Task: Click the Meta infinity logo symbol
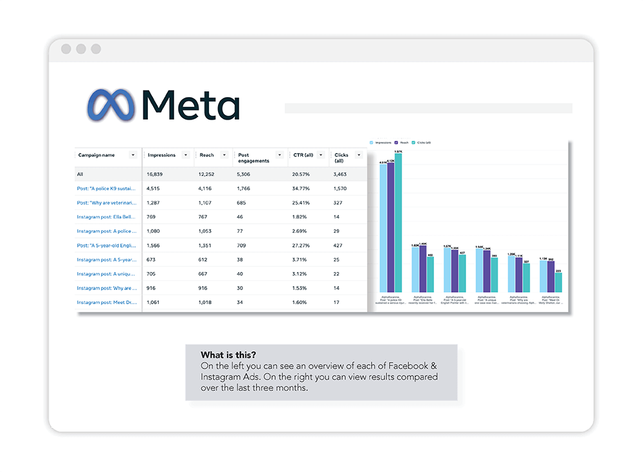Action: pyautogui.click(x=111, y=104)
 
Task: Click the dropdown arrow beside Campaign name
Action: pyautogui.click(x=133, y=155)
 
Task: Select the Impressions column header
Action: pyautogui.click(x=161, y=155)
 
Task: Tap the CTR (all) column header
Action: pyautogui.click(x=303, y=155)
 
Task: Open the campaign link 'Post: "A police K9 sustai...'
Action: pyautogui.click(x=107, y=188)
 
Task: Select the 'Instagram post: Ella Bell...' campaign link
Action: pyautogui.click(x=107, y=217)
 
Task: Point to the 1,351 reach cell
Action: pyautogui.click(x=208, y=245)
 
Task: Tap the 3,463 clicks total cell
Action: pyautogui.click(x=340, y=174)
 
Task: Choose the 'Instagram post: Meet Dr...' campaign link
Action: pyautogui.click(x=107, y=302)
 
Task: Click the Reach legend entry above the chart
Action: pyautogui.click(x=404, y=142)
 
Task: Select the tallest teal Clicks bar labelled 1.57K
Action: pyautogui.click(x=399, y=222)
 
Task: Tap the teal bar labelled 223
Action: pyautogui.click(x=559, y=282)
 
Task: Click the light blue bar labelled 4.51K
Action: pyautogui.click(x=383, y=228)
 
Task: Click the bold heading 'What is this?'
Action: pyautogui.click(x=228, y=355)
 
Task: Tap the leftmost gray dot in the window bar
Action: pyautogui.click(x=66, y=49)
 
